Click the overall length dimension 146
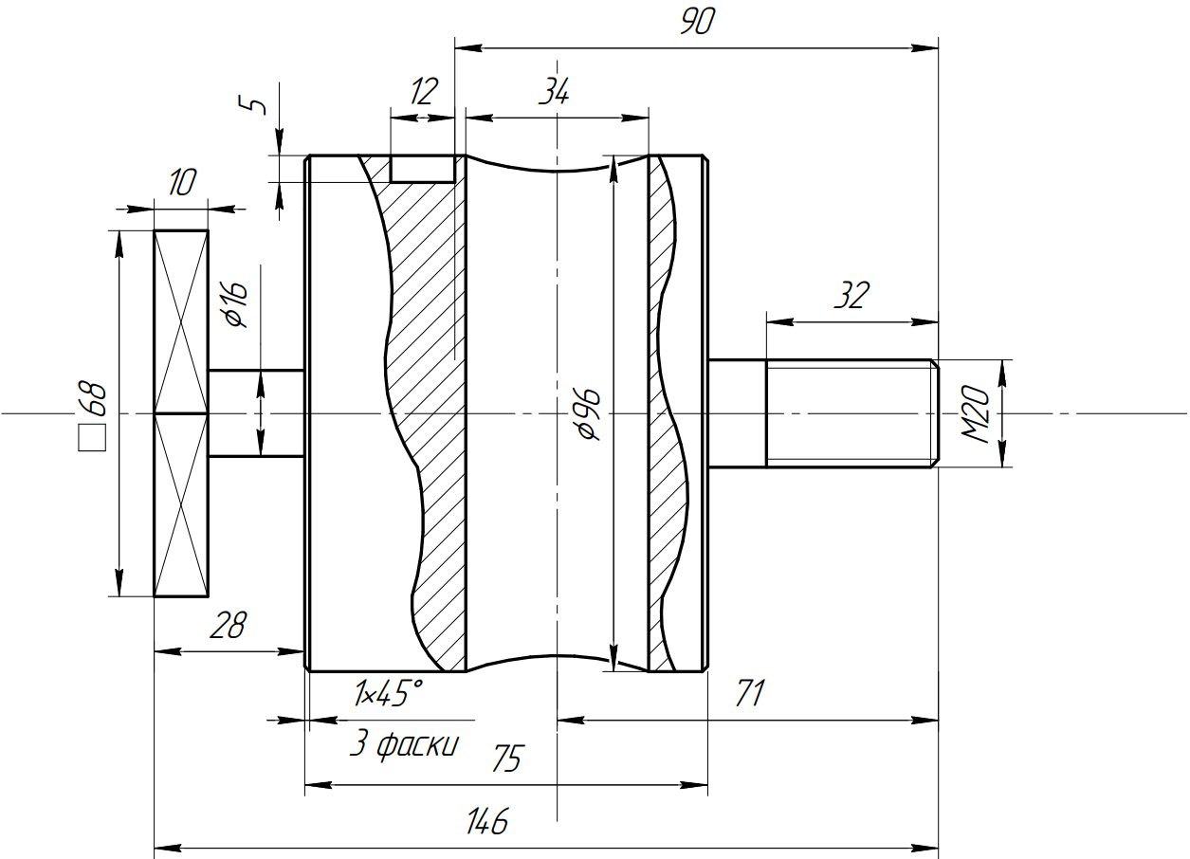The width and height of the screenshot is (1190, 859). [487, 821]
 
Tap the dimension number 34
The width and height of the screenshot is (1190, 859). [554, 92]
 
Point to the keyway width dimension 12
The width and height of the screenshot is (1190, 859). [424, 92]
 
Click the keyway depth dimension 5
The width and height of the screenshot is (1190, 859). [253, 104]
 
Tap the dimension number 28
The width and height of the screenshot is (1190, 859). [228, 626]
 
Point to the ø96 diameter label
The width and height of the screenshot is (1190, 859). [588, 413]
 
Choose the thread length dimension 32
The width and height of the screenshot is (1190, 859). [851, 297]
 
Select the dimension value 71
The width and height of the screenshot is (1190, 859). [749, 694]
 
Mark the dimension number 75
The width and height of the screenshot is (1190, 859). [507, 759]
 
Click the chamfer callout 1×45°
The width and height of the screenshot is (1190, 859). [388, 695]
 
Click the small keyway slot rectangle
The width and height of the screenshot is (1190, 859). [423, 169]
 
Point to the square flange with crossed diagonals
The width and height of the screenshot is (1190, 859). [181, 413]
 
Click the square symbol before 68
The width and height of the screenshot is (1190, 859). [93, 438]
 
